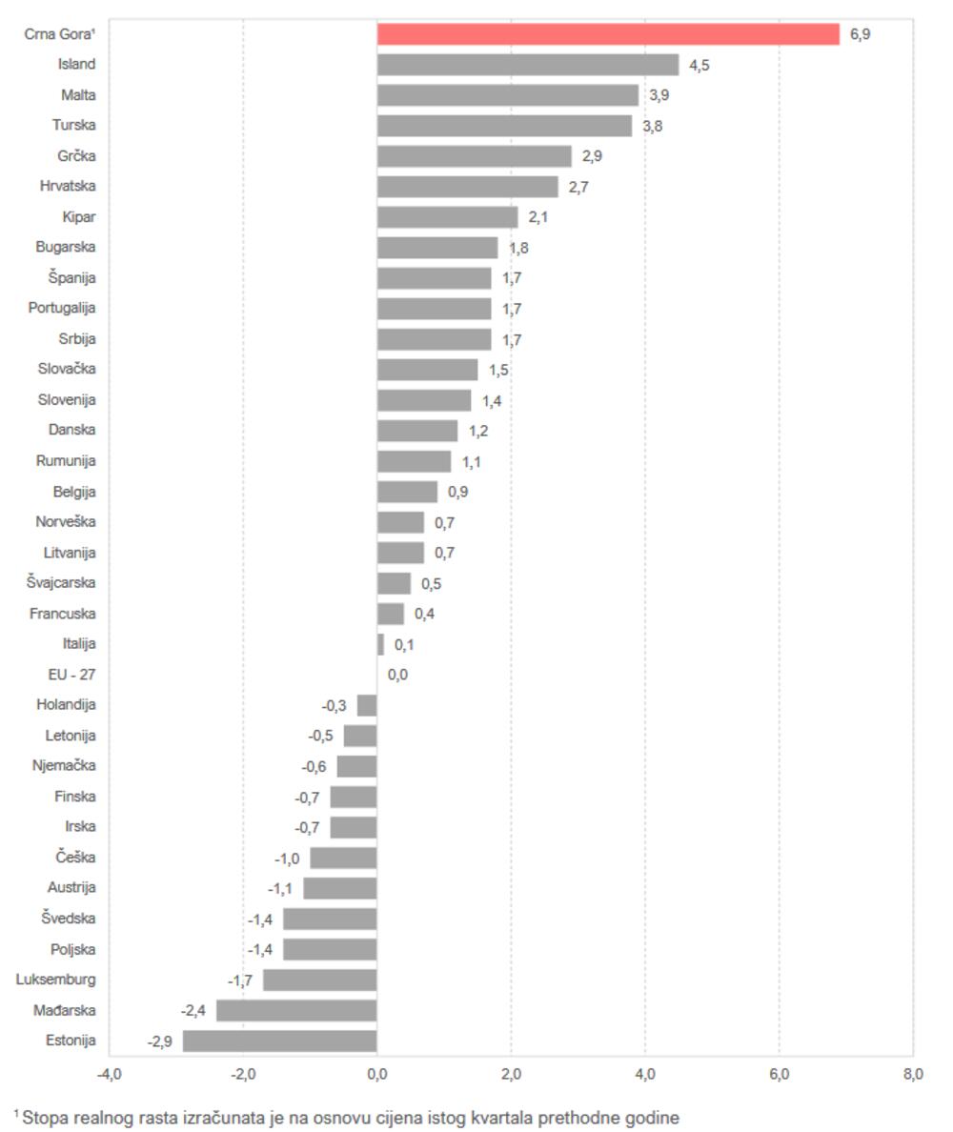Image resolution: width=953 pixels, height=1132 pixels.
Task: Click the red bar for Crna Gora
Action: point(608,34)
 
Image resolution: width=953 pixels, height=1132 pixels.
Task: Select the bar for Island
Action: point(528,65)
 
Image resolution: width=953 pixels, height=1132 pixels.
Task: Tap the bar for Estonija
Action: point(280,1041)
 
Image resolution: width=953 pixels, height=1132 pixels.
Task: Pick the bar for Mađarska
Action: point(296,1010)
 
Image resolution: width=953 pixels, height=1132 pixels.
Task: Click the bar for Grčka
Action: point(475,156)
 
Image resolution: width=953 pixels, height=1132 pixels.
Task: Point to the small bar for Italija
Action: point(380,644)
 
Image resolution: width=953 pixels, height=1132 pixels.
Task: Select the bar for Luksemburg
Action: point(320,980)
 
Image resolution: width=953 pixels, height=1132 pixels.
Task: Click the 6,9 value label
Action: point(861,35)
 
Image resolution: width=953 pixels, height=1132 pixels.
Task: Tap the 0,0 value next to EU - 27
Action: point(397,676)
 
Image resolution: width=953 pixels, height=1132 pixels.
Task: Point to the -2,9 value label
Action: point(160,1041)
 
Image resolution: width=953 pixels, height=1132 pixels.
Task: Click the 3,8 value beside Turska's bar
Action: point(652,126)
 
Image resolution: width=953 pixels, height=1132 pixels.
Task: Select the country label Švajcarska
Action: point(61,582)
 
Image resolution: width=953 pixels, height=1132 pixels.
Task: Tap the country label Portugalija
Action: point(62,308)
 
